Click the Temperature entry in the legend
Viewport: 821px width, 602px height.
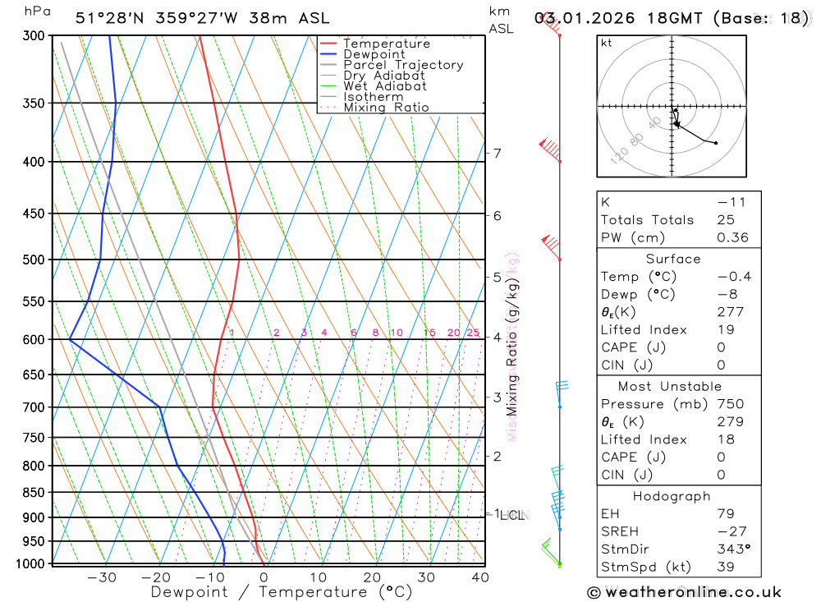point(386,44)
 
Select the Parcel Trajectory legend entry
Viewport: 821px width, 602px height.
point(403,65)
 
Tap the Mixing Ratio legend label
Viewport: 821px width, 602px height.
point(386,108)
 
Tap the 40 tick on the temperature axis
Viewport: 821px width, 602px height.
point(480,577)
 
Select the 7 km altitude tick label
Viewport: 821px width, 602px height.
point(497,153)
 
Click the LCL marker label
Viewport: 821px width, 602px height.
point(512,515)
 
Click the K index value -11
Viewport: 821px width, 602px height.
point(727,202)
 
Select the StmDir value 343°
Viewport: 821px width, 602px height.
point(732,549)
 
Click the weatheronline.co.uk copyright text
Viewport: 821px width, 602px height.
point(685,592)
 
